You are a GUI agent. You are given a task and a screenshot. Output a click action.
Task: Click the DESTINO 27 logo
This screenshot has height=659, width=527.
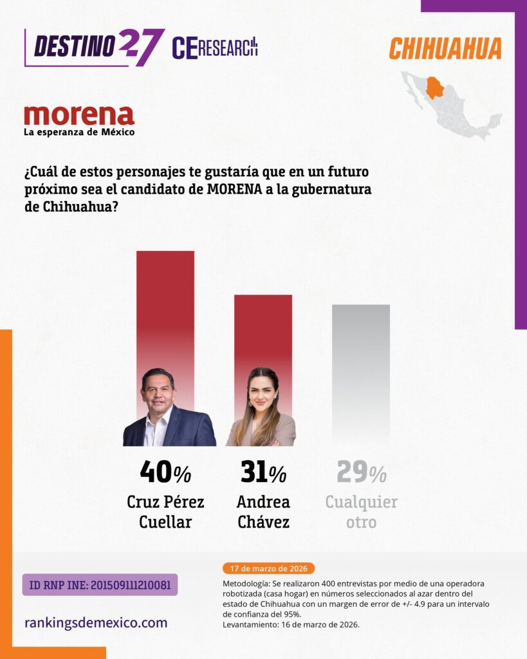click(94, 46)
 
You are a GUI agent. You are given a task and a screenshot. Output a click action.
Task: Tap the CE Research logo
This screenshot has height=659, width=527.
click(214, 47)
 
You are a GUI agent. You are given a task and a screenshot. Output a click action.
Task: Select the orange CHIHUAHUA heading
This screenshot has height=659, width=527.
click(445, 48)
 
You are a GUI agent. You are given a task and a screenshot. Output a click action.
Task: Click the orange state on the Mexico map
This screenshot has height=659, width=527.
click(436, 88)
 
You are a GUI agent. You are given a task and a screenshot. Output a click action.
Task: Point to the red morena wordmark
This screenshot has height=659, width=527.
click(79, 115)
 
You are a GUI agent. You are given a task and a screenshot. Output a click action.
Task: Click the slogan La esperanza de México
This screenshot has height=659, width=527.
click(79, 133)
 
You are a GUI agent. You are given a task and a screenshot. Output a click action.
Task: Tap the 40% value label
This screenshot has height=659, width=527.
click(165, 473)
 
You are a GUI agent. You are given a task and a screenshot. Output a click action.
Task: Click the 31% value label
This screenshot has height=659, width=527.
click(263, 473)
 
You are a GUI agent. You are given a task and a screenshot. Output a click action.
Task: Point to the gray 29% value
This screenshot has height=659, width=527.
click(361, 473)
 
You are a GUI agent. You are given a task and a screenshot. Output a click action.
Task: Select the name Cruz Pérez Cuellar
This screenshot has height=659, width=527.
click(165, 511)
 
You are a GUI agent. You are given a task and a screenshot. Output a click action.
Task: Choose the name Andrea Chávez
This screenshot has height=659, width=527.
click(263, 511)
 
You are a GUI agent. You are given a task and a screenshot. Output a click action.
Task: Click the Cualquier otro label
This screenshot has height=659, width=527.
click(361, 511)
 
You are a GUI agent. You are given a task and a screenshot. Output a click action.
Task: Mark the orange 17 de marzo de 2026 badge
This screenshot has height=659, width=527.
click(268, 568)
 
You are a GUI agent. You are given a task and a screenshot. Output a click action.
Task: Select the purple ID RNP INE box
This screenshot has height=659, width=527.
click(100, 584)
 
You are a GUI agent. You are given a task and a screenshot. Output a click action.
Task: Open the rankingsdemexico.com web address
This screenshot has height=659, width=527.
click(96, 622)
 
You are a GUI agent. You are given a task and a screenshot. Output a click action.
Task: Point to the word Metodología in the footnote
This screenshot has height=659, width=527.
click(243, 583)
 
